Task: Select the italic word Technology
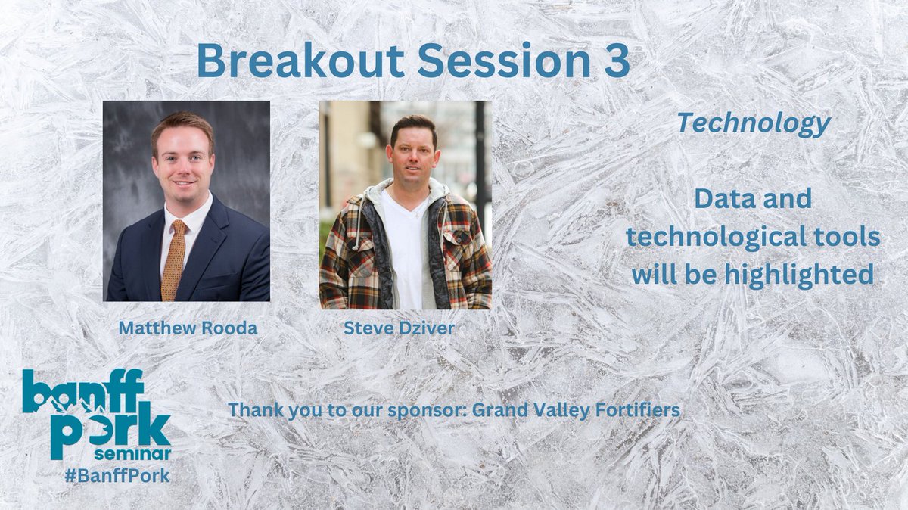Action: click(x=754, y=123)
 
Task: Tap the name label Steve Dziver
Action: click(x=400, y=328)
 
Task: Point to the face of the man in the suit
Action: click(x=182, y=163)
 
